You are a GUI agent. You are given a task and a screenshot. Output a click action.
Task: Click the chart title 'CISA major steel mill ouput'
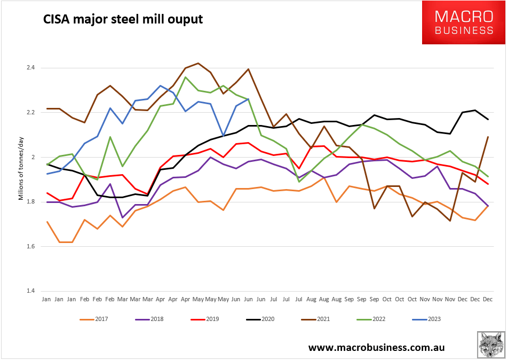[x=123, y=20]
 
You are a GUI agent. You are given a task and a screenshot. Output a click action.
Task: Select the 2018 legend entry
[x=152, y=319]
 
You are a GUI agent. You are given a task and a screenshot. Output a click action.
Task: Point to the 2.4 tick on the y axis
[x=30, y=68]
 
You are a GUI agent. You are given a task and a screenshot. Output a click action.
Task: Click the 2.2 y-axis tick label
[x=30, y=113]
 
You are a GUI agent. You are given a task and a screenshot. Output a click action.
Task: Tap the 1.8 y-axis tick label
[x=30, y=202]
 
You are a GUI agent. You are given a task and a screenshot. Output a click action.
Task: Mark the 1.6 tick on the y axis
[x=30, y=246]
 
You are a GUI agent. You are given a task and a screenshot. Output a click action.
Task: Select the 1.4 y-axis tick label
[x=30, y=291]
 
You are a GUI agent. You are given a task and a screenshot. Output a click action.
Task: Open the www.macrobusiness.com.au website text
[x=376, y=348]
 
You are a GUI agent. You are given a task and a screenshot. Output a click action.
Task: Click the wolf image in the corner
[x=491, y=345]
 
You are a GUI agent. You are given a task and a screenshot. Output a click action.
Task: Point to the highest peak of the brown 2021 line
[x=198, y=63]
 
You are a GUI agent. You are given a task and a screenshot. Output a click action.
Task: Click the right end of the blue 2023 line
[x=249, y=99]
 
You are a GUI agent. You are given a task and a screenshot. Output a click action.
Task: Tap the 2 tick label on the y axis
[x=33, y=157]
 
